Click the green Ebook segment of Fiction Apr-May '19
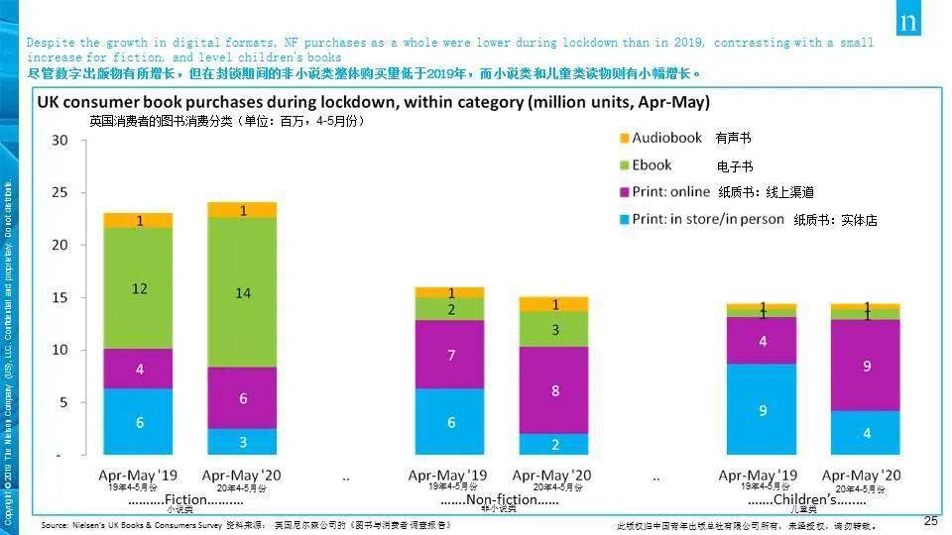pyautogui.click(x=138, y=288)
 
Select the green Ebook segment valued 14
pyautogui.click(x=242, y=292)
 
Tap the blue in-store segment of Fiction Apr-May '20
pyautogui.click(x=242, y=441)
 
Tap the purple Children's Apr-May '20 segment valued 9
pyautogui.click(x=866, y=365)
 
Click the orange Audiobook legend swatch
pyautogui.click(x=623, y=139)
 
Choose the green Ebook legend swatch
pyautogui.click(x=623, y=165)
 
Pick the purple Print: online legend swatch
pyautogui.click(x=623, y=192)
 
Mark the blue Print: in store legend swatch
pyautogui.click(x=623, y=219)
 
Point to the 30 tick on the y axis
pyautogui.click(x=59, y=140)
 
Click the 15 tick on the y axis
pyautogui.click(x=59, y=297)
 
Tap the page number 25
pyautogui.click(x=930, y=521)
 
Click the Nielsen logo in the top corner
pyautogui.click(x=908, y=19)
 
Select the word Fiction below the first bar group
pyautogui.click(x=185, y=499)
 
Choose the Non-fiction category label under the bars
pyautogui.click(x=500, y=499)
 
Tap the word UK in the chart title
pyautogui.click(x=49, y=102)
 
